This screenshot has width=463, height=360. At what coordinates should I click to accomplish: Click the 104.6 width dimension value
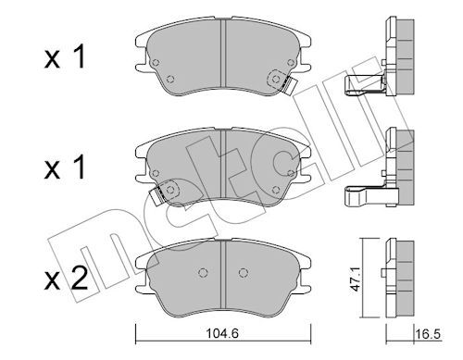pyautogui.click(x=222, y=333)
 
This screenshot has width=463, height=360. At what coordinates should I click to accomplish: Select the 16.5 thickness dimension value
pyautogui.click(x=429, y=334)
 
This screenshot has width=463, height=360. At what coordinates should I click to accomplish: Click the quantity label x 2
pyautogui.click(x=66, y=279)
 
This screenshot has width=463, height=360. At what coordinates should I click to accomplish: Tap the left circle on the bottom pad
pyautogui.click(x=203, y=273)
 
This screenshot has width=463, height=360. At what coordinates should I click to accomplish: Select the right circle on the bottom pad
pyautogui.click(x=244, y=273)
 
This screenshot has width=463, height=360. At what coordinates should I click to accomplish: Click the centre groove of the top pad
pyautogui.click(x=224, y=53)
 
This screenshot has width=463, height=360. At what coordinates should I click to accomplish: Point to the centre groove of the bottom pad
pyautogui.click(x=224, y=275)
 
